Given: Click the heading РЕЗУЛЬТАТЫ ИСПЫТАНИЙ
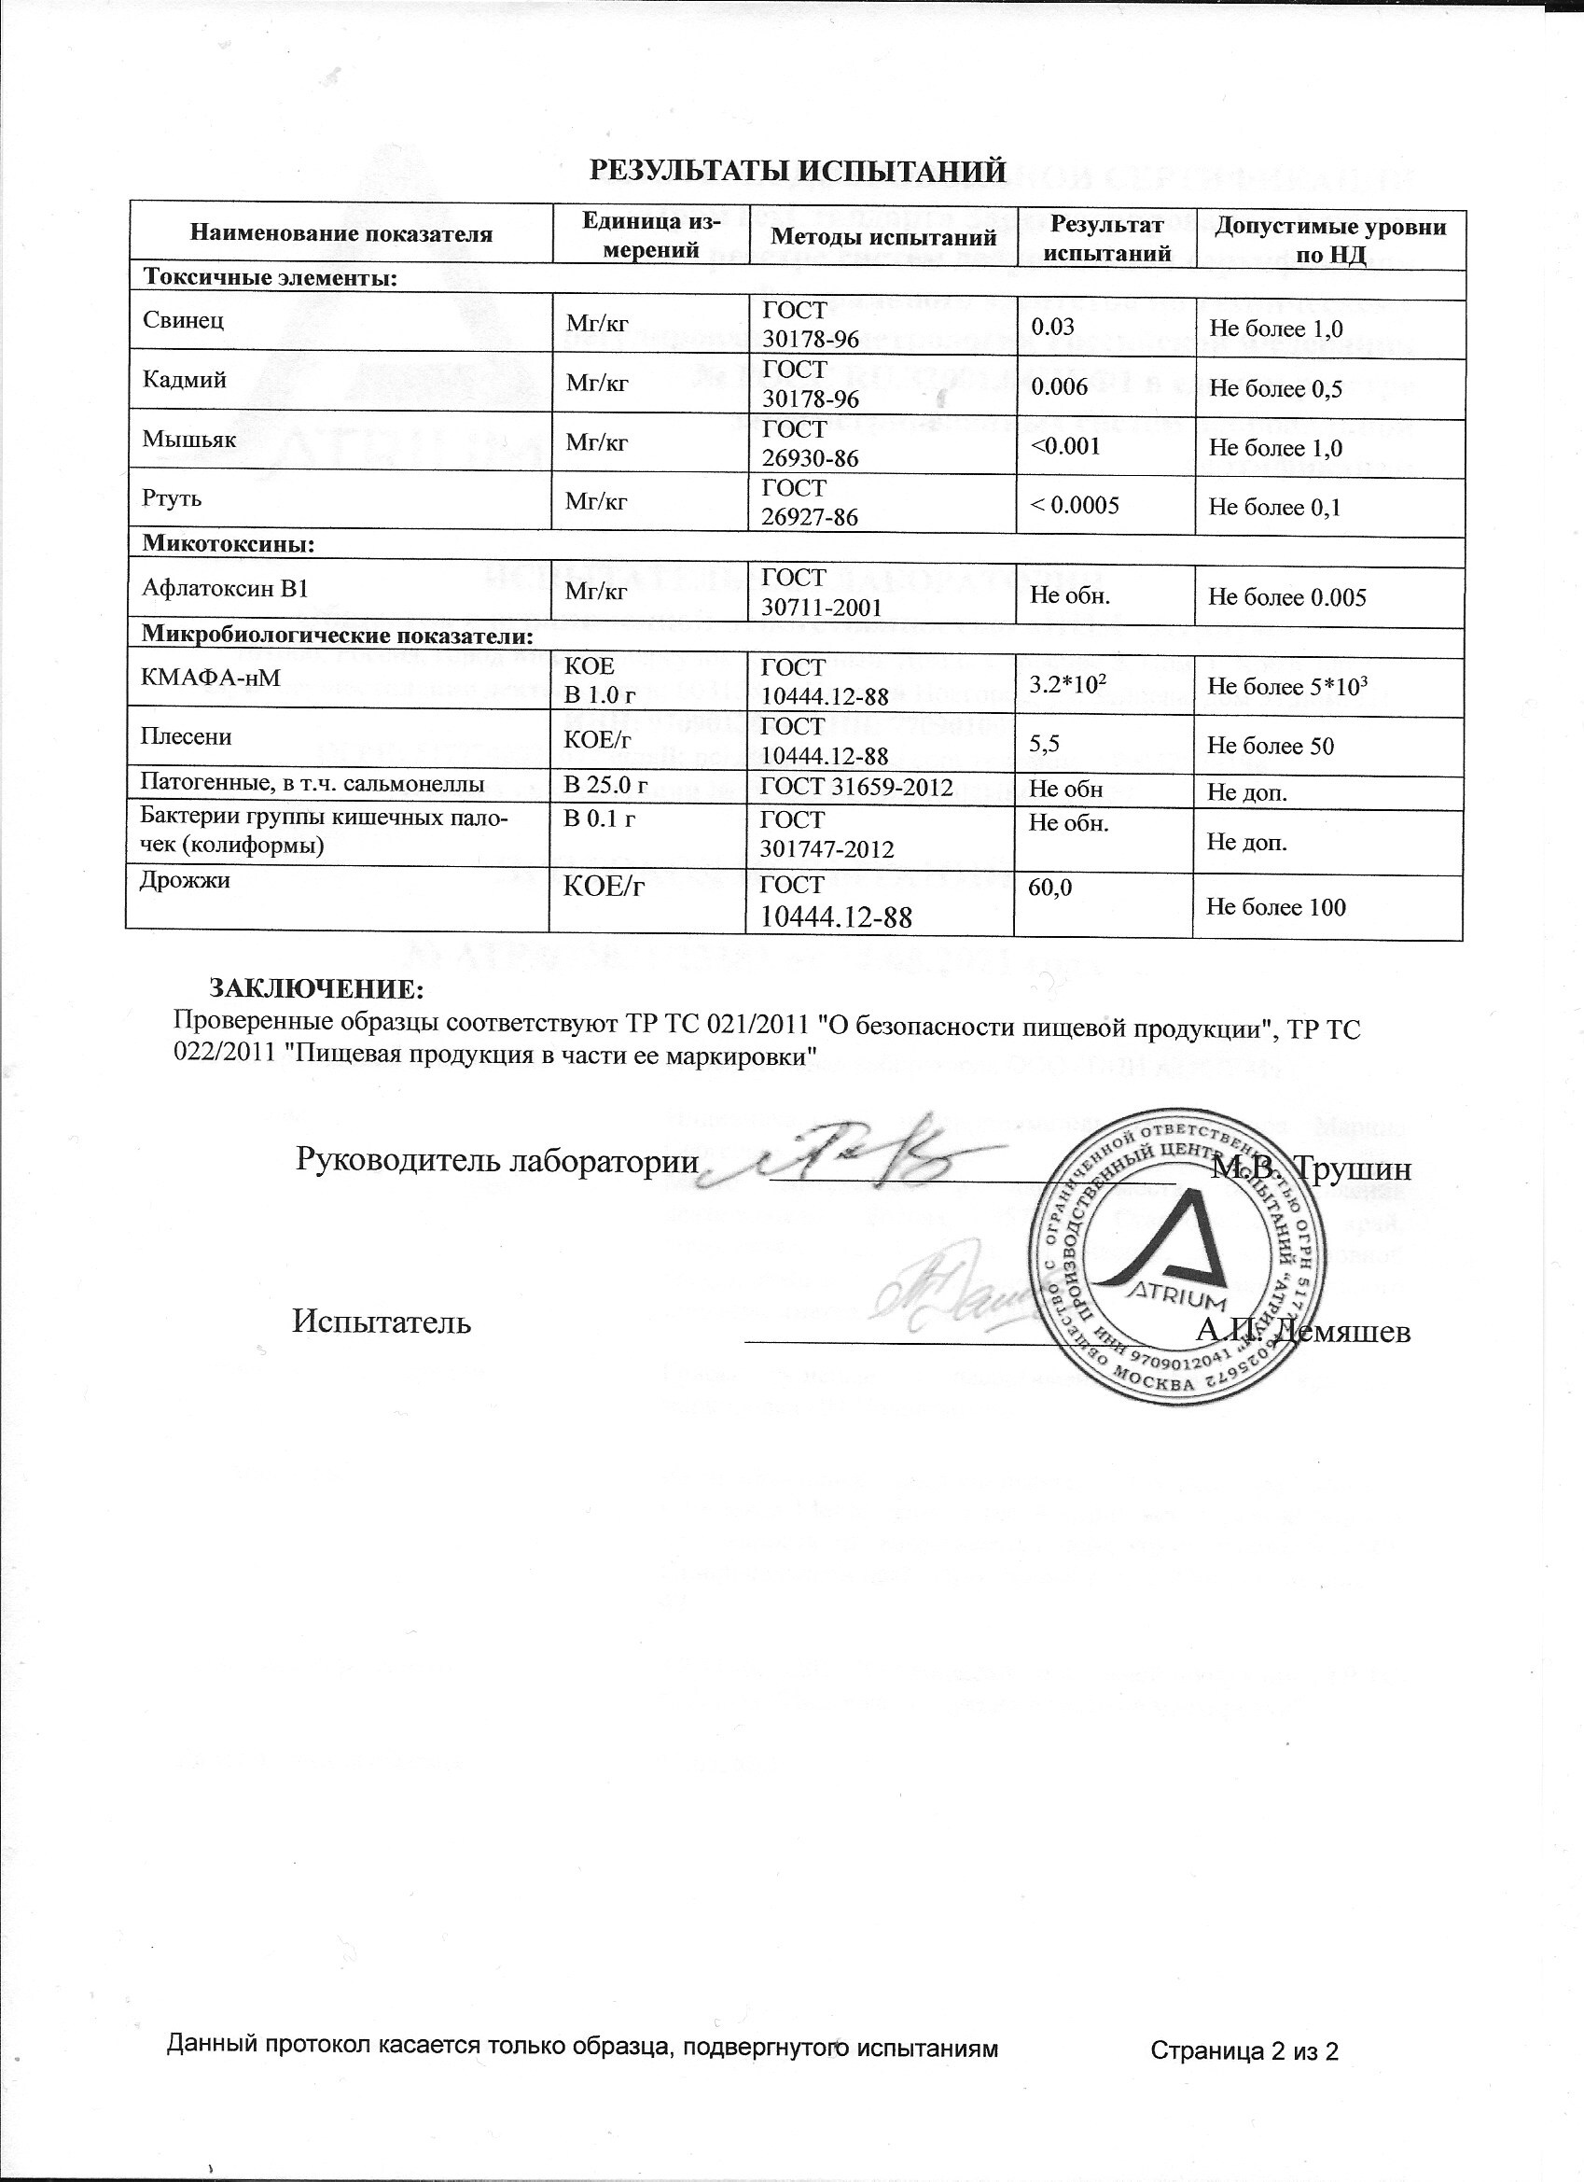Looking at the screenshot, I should tap(797, 171).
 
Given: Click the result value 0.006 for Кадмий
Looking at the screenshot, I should tap(1059, 385).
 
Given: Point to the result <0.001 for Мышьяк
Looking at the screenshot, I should tap(1064, 445).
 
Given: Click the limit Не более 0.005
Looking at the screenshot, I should tap(1286, 596).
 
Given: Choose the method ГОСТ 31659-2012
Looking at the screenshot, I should tap(856, 787).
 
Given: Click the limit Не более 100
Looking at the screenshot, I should tap(1276, 906).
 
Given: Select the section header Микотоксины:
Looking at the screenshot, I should tap(229, 543).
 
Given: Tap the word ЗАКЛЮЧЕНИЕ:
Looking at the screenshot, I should tap(316, 989).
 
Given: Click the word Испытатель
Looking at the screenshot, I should tap(382, 1322).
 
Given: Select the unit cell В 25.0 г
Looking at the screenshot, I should tap(604, 786).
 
